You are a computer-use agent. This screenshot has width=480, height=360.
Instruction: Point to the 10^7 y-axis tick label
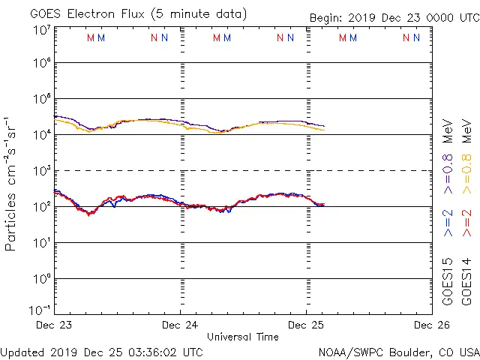click(x=42, y=29)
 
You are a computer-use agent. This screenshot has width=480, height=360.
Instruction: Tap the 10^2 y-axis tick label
click(x=42, y=206)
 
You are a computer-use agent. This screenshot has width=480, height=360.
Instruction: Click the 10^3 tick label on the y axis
click(x=42, y=171)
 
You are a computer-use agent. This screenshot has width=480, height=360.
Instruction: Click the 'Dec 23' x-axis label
click(x=55, y=325)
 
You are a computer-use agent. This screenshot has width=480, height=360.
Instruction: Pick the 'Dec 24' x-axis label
click(x=181, y=325)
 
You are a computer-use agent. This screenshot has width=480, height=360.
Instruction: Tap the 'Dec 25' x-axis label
click(x=307, y=325)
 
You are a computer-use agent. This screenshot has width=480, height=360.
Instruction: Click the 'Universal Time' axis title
click(x=242, y=337)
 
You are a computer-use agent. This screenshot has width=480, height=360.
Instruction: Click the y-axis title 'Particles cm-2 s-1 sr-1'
click(x=12, y=184)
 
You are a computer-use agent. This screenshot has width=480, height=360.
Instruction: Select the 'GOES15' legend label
click(x=448, y=282)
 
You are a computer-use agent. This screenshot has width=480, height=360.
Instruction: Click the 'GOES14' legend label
click(x=466, y=282)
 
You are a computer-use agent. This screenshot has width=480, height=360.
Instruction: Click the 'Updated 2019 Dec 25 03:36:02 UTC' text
click(x=102, y=351)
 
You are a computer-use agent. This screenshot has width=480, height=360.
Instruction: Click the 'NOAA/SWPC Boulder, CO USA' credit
click(x=398, y=351)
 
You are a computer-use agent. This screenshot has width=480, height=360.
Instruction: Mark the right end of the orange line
click(x=324, y=130)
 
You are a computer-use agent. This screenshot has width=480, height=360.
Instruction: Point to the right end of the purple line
click(x=324, y=126)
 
